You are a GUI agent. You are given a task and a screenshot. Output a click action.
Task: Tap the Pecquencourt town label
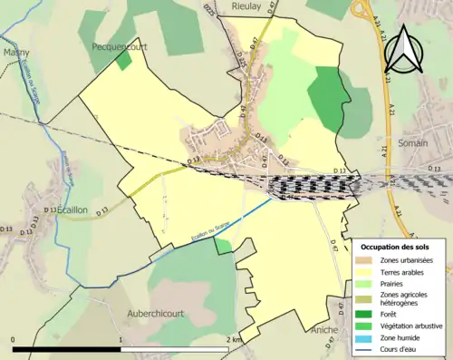120,45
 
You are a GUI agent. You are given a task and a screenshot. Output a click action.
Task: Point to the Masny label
15,53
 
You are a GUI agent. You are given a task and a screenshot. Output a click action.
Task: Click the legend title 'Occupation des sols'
399,247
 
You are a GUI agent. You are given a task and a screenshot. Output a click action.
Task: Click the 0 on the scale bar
14,340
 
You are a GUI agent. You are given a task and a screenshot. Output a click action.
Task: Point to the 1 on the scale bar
120,340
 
